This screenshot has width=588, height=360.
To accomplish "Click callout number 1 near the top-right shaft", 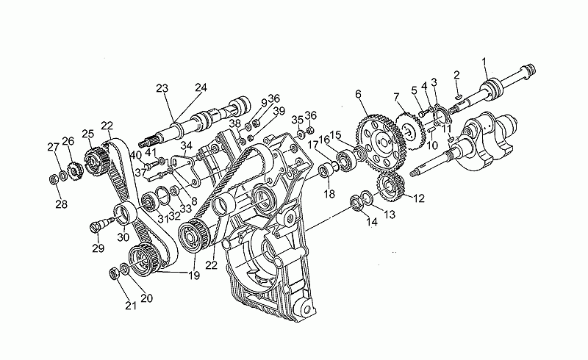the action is tap(484, 62).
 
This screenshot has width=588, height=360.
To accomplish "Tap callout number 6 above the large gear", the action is tap(359, 94).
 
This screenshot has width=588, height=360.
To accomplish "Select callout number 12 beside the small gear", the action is tap(419, 198).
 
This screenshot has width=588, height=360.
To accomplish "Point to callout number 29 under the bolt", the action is tap(98, 248).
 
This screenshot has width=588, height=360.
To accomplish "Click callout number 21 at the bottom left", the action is tap(131, 306).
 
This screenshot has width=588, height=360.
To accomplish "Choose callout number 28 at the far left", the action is tap(62, 204).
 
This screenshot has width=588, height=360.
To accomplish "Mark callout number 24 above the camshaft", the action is tap(201, 87).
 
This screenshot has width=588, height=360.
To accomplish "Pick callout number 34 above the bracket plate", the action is tap(187, 145).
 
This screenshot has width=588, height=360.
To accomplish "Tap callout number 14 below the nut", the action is tap(372, 222).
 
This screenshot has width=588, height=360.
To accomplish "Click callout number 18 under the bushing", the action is tap(329, 194).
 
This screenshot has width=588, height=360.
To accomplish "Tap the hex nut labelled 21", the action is tap(115, 273).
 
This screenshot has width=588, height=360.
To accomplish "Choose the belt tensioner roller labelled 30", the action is tap(125, 212).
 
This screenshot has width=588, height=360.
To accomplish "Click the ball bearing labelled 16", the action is tap(345, 160).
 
